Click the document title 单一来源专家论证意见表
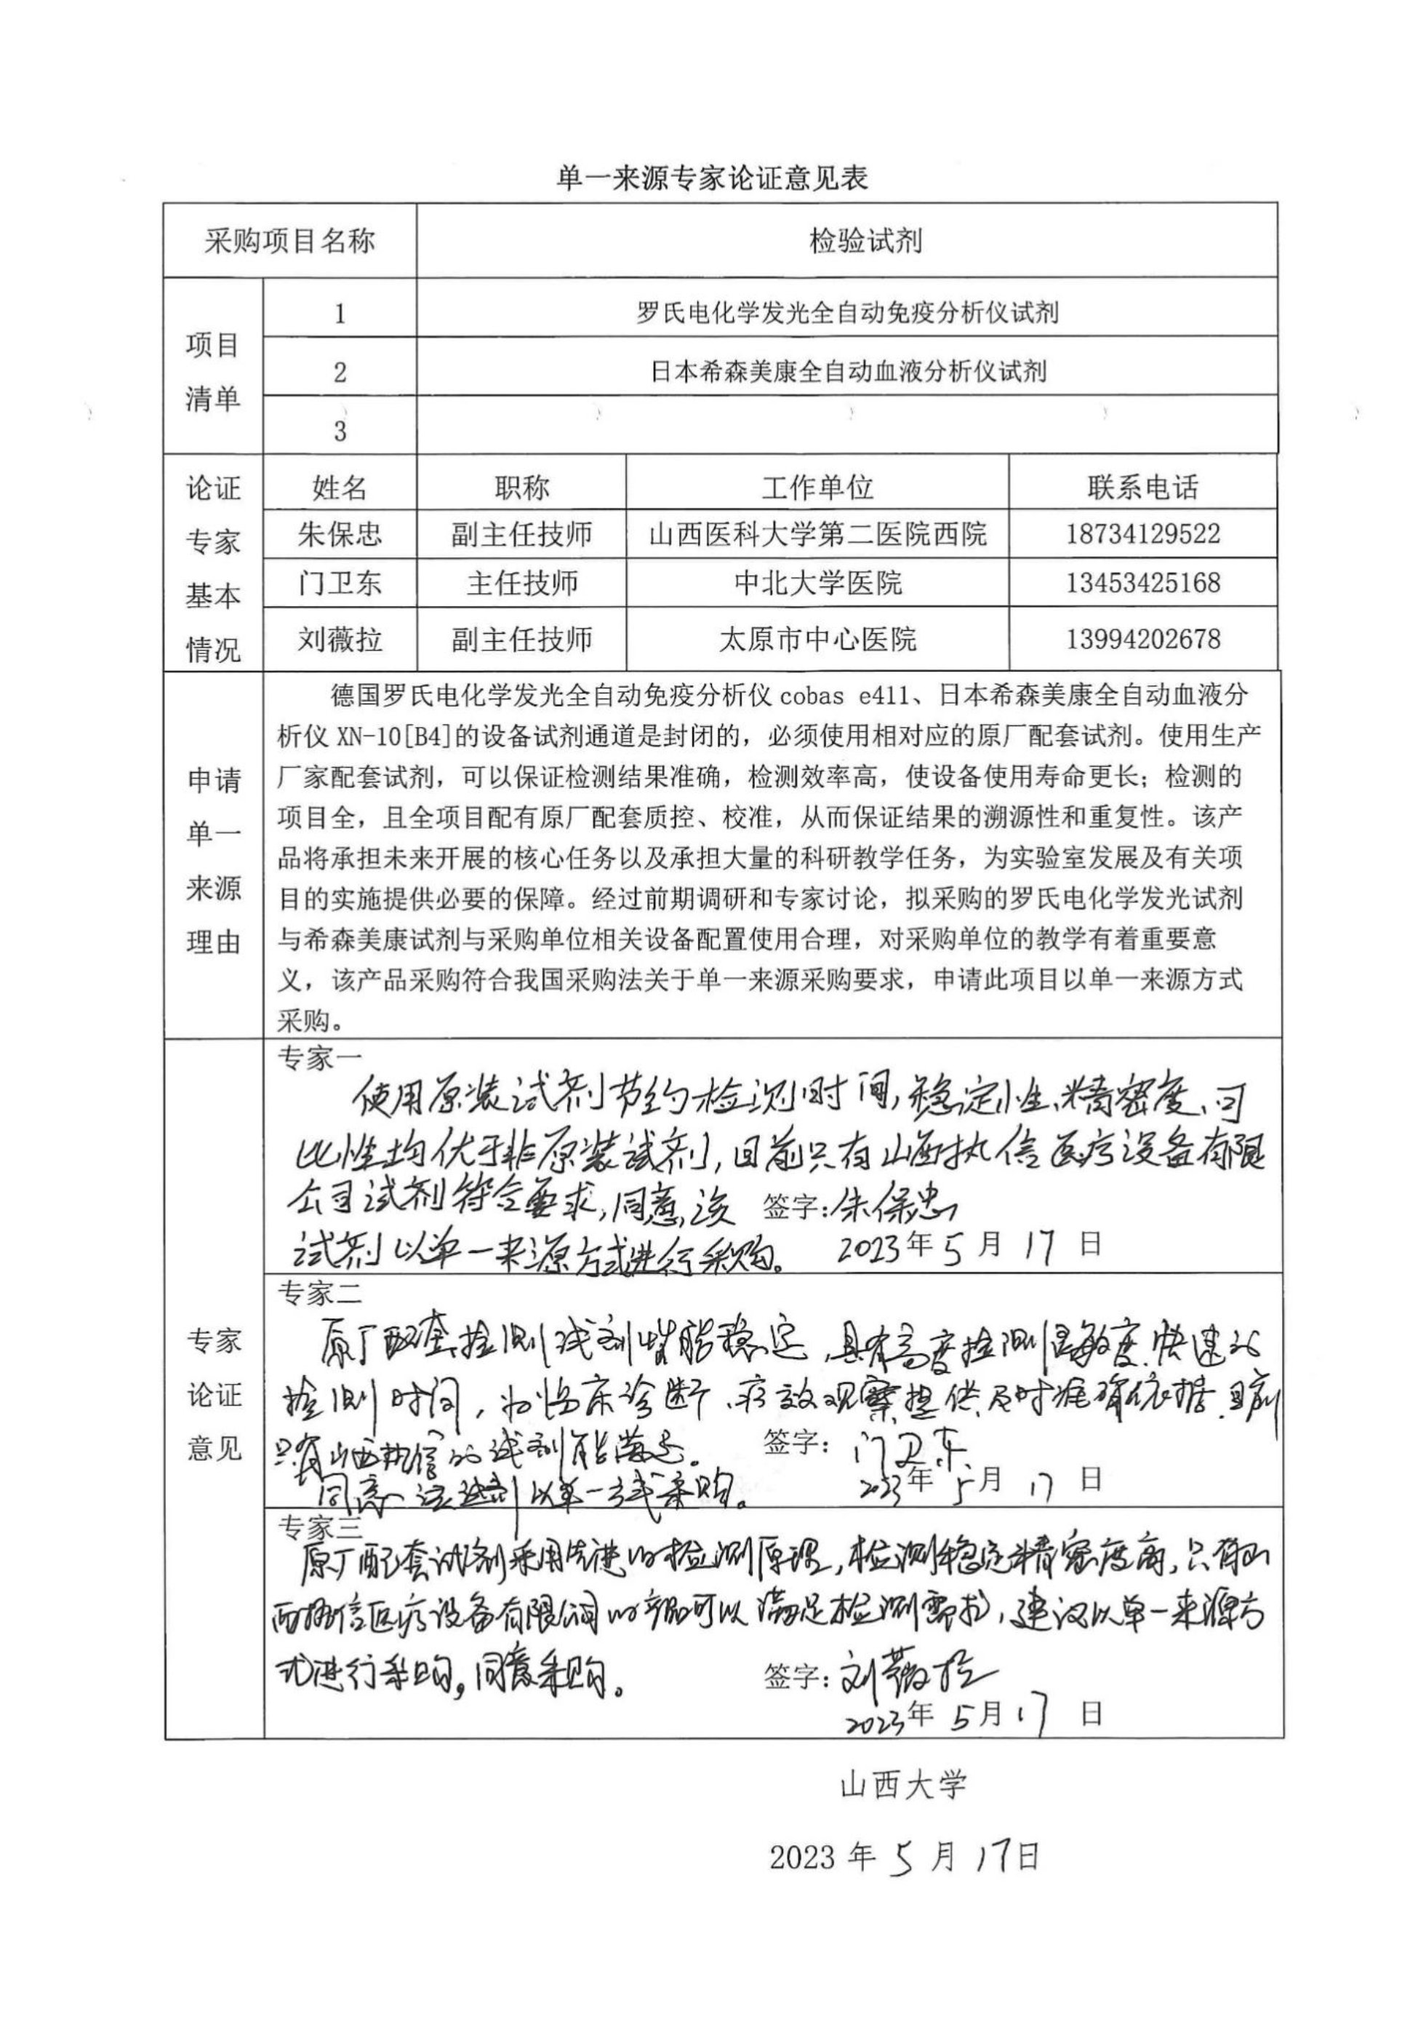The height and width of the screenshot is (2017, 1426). [712, 178]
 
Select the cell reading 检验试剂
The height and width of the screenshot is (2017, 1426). [865, 241]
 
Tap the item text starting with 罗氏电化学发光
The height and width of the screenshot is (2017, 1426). [847, 312]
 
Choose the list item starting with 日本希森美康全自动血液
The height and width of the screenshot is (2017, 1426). [847, 372]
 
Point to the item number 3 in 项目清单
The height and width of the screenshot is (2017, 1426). [340, 431]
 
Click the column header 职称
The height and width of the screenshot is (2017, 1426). [521, 487]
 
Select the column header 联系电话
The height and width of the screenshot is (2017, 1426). [1142, 487]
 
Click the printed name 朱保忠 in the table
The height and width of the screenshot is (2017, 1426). [340, 534]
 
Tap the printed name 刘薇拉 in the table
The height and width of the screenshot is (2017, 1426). [340, 639]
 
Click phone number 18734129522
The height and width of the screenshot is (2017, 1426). [1142, 534]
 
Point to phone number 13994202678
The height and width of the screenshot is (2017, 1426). [1142, 639]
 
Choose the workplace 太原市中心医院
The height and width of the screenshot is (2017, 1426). [817, 639]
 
